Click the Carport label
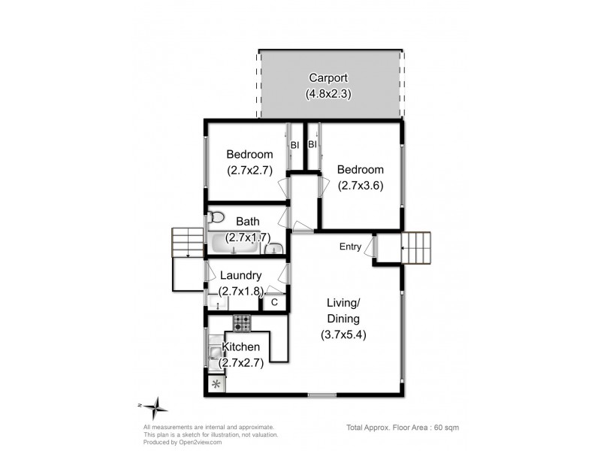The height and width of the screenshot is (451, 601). pyautogui.click(x=329, y=78)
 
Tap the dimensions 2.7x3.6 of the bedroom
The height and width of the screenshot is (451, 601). pyautogui.click(x=361, y=185)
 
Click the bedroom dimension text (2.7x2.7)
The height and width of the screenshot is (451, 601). pyautogui.click(x=249, y=170)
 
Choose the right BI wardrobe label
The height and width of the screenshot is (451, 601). pyautogui.click(x=312, y=144)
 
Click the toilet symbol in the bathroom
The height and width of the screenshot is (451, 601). pyautogui.click(x=216, y=218)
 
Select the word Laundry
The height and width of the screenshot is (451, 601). pyautogui.click(x=240, y=276)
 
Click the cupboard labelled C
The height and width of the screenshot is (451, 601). pyautogui.click(x=274, y=302)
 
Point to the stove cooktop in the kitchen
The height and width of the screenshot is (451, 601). pyautogui.click(x=242, y=323)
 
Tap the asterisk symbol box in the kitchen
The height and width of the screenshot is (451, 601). pyautogui.click(x=218, y=385)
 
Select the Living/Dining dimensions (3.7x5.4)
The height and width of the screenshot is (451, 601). pyautogui.click(x=343, y=334)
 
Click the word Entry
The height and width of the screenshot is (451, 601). pyautogui.click(x=350, y=247)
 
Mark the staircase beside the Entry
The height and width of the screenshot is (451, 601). pyautogui.click(x=418, y=247)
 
